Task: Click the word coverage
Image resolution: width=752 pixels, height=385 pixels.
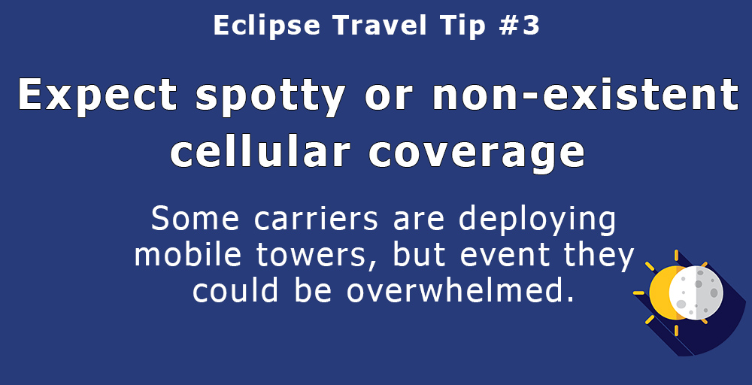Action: coord(476,153)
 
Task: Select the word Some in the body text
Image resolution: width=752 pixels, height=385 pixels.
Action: coord(195,219)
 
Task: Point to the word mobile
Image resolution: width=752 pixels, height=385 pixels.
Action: coord(187,255)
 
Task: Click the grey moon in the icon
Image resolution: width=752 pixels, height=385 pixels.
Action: coord(696,293)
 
